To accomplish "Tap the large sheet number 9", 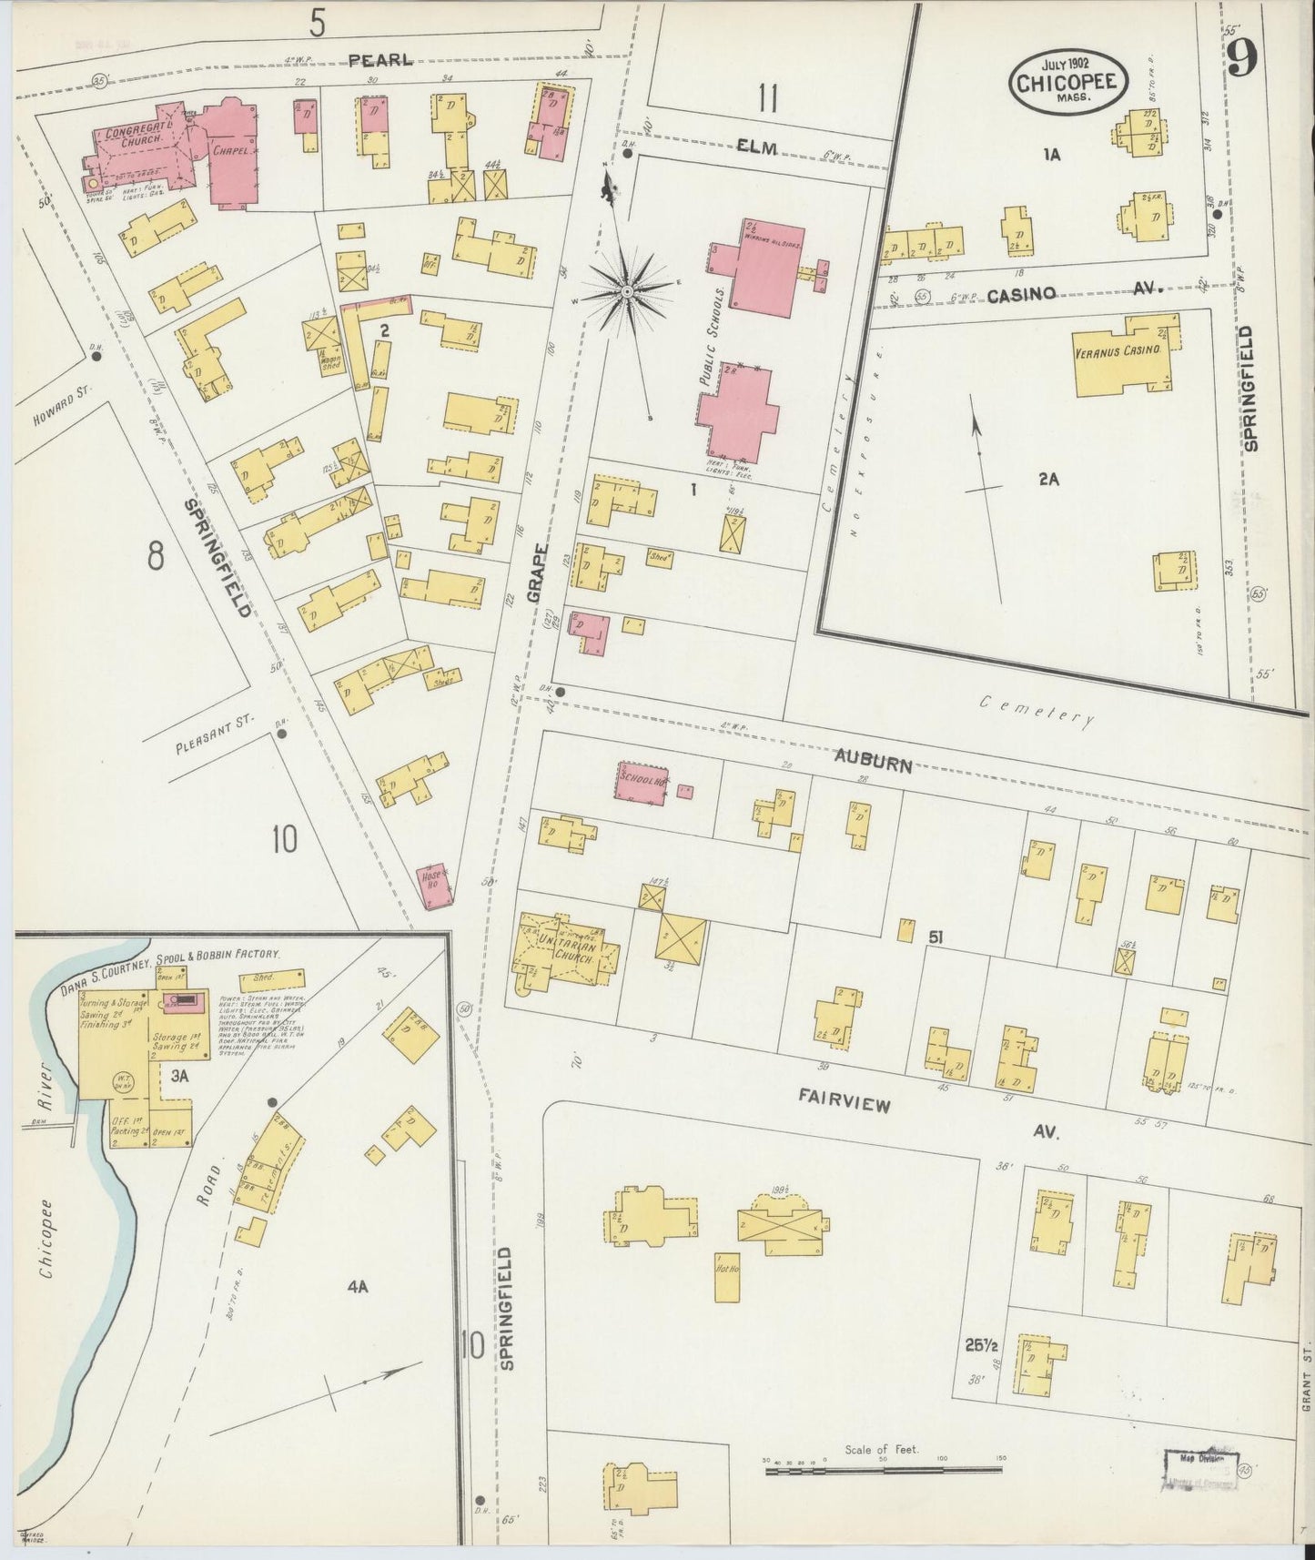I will [x=1241, y=61].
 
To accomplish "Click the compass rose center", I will [x=627, y=291].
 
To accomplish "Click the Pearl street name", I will [x=380, y=61].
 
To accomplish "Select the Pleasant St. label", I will [x=212, y=735].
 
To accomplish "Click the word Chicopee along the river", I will [x=46, y=1256].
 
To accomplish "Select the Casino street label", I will [x=1022, y=293].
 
